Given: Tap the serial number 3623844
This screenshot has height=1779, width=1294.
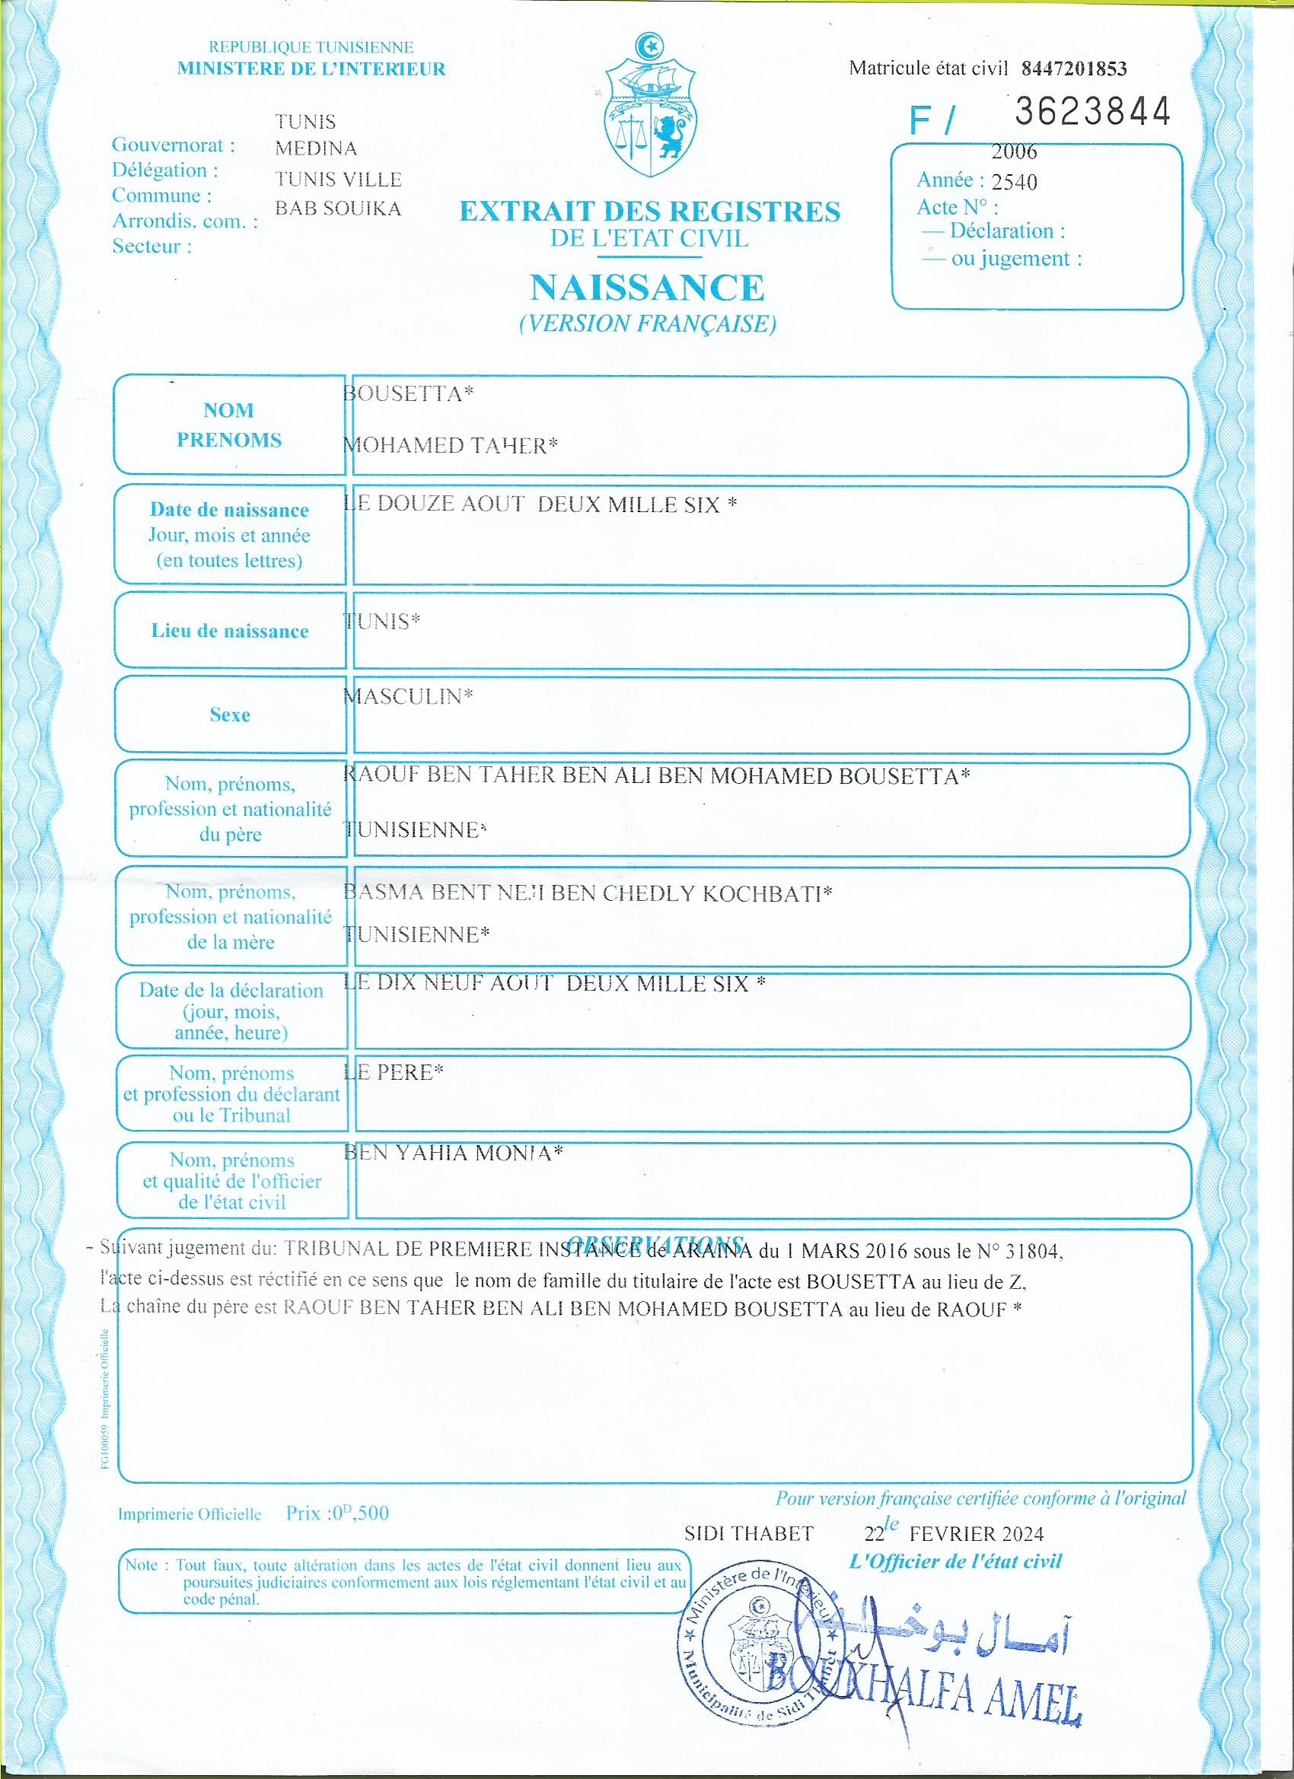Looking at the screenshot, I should tap(1092, 112).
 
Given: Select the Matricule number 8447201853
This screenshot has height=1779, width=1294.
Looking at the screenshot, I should tap(1073, 69).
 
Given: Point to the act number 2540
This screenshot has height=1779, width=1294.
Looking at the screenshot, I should tap(1014, 183).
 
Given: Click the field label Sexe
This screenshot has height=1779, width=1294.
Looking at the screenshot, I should tap(229, 714).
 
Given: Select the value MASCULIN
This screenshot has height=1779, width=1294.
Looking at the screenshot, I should tap(408, 696).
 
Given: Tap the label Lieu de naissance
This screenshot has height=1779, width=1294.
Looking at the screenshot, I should tap(229, 632).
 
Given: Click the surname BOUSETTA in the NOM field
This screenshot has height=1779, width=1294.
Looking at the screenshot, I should tap(408, 393).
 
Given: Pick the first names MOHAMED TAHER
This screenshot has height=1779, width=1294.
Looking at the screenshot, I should tap(450, 446).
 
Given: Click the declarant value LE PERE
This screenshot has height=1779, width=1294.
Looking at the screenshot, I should tap(394, 1072).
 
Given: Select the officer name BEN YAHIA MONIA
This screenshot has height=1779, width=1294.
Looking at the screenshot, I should tap(453, 1153).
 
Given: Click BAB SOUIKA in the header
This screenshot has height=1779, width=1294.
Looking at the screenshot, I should tap(337, 208).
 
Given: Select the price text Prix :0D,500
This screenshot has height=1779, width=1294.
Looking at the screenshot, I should tap(336, 1514).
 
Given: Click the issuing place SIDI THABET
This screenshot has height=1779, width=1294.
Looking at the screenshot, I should tap(749, 1534).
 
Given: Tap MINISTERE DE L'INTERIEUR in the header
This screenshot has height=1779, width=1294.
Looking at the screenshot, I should tap(311, 69).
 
